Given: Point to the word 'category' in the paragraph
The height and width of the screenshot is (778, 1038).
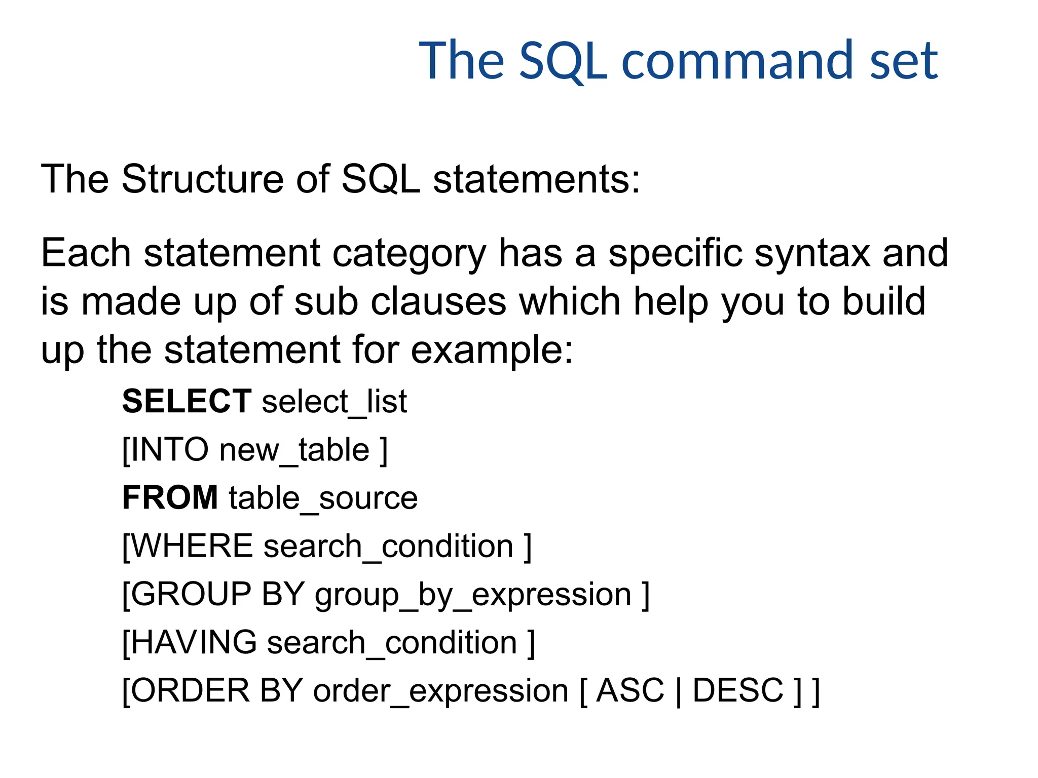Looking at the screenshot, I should click(409, 253).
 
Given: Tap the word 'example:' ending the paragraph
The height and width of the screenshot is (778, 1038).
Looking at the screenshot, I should click(492, 350).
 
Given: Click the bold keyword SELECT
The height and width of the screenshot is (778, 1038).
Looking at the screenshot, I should click(187, 401).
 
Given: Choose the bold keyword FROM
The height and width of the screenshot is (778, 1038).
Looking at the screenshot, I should click(170, 497).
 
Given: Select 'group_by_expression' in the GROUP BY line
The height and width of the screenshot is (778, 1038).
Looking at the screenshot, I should click(473, 595).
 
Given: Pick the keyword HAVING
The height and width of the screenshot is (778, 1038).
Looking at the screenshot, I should click(194, 642).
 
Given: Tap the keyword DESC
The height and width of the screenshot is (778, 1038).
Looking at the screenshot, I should click(738, 690).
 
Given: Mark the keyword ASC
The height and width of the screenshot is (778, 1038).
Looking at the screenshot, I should click(630, 690).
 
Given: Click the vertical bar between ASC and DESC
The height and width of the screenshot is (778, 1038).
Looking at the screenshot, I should click(679, 691).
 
